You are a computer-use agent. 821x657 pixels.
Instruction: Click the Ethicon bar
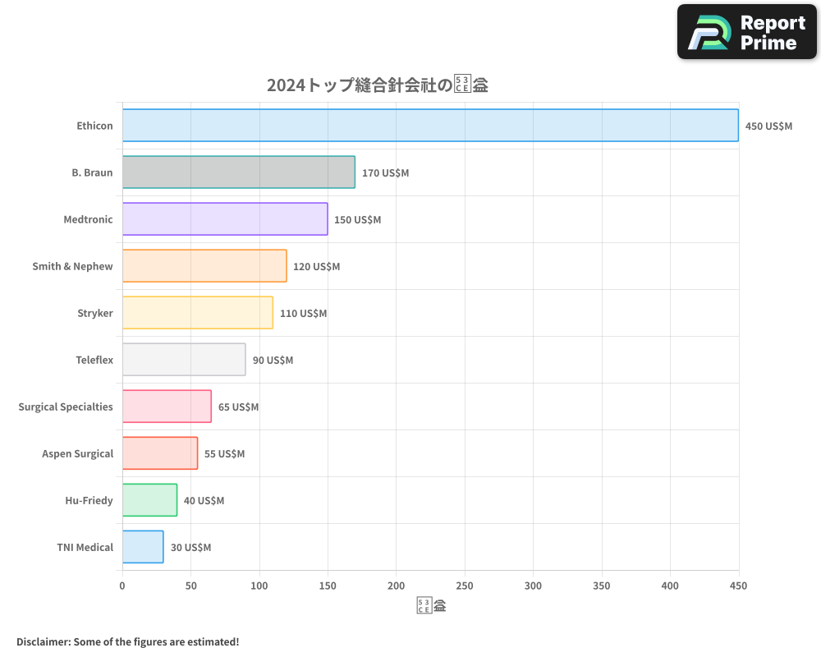pyautogui.click(x=430, y=126)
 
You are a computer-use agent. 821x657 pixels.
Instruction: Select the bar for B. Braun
pyautogui.click(x=239, y=172)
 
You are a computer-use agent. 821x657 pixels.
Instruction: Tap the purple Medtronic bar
pyautogui.click(x=225, y=219)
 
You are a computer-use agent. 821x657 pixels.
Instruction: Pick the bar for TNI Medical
pyautogui.click(x=143, y=547)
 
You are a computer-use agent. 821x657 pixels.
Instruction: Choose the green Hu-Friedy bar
pyautogui.click(x=149, y=500)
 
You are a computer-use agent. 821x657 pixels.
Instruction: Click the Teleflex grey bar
pyautogui.click(x=184, y=360)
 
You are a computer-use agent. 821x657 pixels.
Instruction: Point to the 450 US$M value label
pyautogui.click(x=768, y=126)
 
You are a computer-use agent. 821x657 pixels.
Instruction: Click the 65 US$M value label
pyautogui.click(x=238, y=407)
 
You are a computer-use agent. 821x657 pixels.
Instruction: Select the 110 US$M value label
pyautogui.click(x=303, y=314)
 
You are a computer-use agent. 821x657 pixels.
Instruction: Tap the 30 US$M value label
pyautogui.click(x=190, y=548)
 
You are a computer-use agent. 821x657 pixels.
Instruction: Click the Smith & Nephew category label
pyautogui.click(x=72, y=266)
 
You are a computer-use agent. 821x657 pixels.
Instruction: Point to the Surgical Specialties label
pyautogui.click(x=66, y=407)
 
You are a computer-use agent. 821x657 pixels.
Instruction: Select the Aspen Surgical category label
pyautogui.click(x=77, y=453)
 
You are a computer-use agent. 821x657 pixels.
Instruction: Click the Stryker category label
pyautogui.click(x=95, y=313)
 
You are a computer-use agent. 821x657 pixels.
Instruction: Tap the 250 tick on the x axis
pyautogui.click(x=465, y=586)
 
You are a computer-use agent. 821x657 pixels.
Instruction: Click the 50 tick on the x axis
pyautogui.click(x=191, y=586)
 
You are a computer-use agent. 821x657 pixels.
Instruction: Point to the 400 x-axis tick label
pyautogui.click(x=670, y=586)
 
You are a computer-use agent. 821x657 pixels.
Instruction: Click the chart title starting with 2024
pyautogui.click(x=378, y=85)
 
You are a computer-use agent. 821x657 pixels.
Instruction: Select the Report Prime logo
pyautogui.click(x=746, y=32)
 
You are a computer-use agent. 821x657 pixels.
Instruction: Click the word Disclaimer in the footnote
pyautogui.click(x=43, y=641)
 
